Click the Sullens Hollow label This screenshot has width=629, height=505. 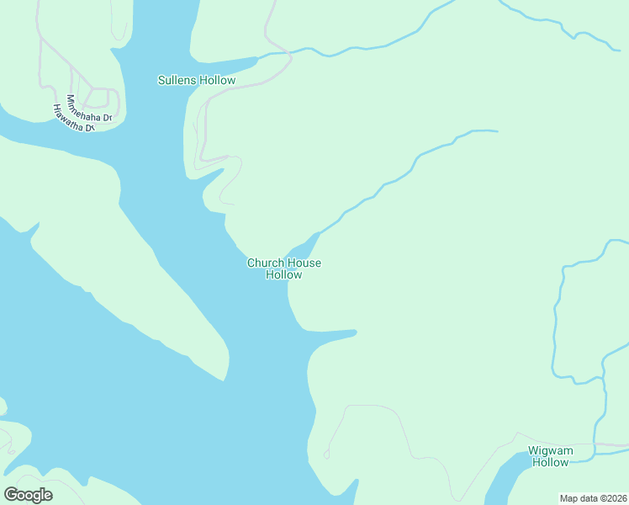(197, 81)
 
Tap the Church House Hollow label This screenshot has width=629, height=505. (283, 268)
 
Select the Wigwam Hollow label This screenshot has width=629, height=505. (550, 456)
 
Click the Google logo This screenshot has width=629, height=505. (29, 495)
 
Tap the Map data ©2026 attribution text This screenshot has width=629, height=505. (593, 498)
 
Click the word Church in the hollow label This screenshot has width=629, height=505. (263, 263)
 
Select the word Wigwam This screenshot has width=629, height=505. (550, 450)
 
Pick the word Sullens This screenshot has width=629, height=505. (178, 81)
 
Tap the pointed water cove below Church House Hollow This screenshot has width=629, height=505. (332, 336)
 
